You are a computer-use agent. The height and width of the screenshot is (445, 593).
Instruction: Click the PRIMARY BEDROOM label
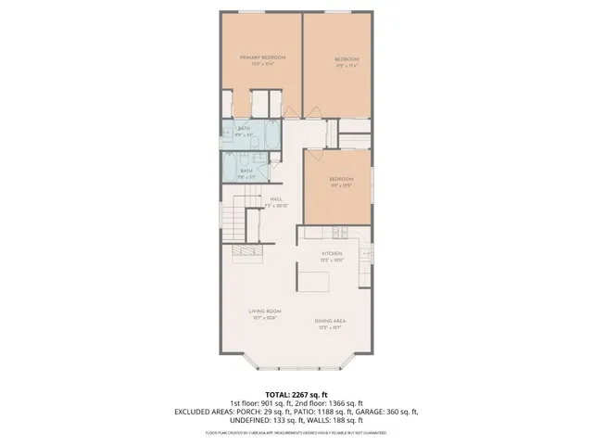[262, 57]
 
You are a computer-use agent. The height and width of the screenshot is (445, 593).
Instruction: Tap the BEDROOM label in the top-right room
[346, 60]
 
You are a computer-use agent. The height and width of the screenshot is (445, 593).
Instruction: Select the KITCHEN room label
[332, 253]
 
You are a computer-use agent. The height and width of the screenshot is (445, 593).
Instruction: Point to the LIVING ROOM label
[264, 311]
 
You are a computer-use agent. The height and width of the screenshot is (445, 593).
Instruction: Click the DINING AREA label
[331, 321]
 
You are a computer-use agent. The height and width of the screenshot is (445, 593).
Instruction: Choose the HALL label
[276, 198]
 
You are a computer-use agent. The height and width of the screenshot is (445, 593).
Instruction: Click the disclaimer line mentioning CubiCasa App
[296, 432]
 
